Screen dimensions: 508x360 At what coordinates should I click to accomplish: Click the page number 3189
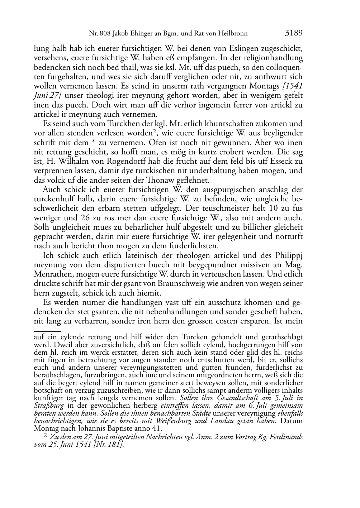coord(294,33)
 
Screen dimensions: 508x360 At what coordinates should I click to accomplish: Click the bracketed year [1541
coord(293,86)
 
